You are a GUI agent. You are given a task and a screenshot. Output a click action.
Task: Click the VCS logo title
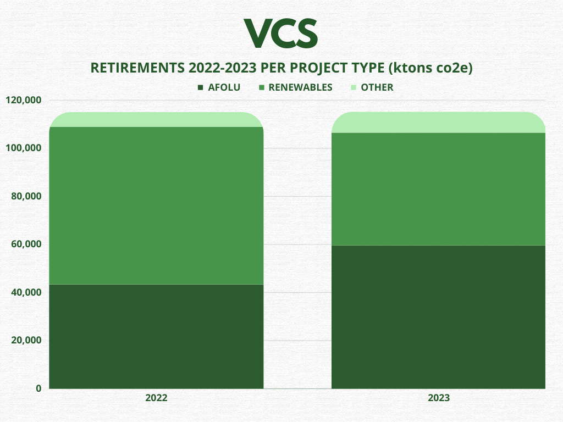[281, 34]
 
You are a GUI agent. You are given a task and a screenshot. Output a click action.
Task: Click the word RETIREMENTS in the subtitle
[137, 68]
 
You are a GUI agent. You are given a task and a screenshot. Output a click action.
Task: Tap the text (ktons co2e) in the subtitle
[430, 68]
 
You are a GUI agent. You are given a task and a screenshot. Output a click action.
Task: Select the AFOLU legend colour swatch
[200, 87]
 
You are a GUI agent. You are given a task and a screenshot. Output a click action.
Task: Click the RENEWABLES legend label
[301, 87]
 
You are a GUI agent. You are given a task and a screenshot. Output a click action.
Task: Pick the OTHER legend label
[377, 87]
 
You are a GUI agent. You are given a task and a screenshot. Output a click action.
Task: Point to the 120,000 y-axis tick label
[24, 100]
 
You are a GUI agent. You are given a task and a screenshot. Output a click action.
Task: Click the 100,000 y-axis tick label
[24, 148]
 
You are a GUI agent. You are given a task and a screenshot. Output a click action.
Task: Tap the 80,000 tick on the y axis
[26, 196]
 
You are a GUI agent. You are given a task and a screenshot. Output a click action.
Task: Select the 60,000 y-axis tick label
[26, 244]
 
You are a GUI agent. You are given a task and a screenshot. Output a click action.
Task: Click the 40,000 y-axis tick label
[26, 292]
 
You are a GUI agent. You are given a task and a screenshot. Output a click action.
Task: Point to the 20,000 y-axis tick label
[26, 340]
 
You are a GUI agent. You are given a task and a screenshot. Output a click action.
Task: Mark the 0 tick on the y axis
[38, 388]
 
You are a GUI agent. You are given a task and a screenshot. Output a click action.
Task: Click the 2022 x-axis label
[156, 398]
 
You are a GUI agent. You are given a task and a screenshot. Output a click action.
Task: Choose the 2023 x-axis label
[438, 398]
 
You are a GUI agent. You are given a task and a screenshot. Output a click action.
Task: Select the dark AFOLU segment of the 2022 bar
[156, 337]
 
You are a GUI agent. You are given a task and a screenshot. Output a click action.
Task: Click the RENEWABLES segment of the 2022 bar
[156, 206]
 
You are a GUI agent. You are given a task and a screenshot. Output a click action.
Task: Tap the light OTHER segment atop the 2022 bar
[156, 119]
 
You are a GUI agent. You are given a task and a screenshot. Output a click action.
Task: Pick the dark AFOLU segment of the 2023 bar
[438, 317]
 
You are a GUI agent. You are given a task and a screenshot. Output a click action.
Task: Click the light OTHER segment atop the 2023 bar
[438, 123]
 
